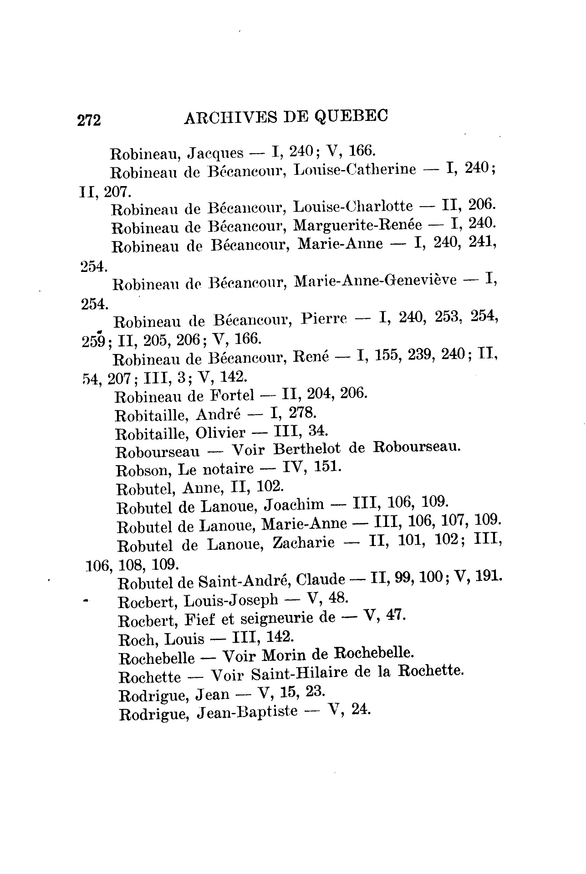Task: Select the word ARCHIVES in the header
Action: pos(231,118)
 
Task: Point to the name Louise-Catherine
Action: pos(355,169)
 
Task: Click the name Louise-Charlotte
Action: pos(353,206)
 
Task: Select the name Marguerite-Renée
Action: pos(357,225)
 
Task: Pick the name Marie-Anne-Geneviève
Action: pos(375,280)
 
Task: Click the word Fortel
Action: pos(232,395)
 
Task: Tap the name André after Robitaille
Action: pos(218,414)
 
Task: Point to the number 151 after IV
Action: pos(327,466)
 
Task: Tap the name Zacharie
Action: pos(303,543)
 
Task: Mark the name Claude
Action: pos(320,580)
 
